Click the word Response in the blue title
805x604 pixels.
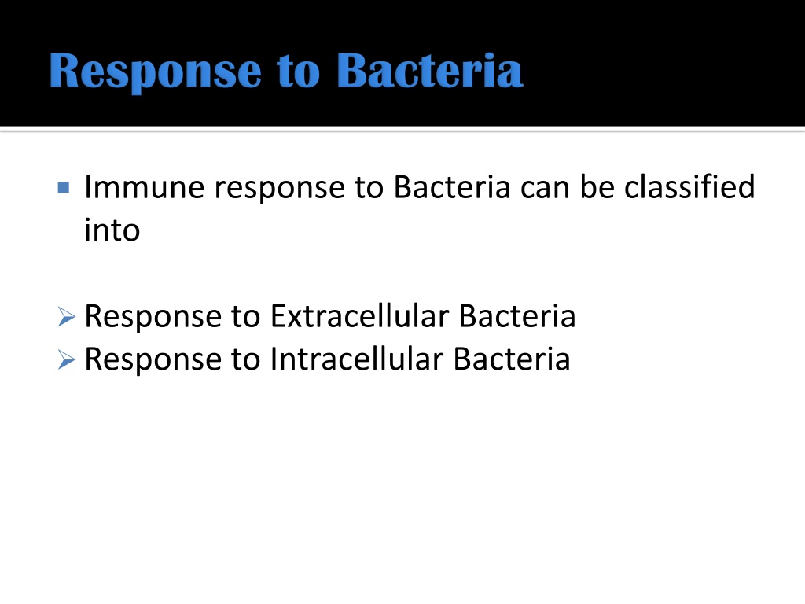click(x=156, y=72)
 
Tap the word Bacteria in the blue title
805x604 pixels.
click(x=430, y=70)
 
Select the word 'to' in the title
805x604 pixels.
click(x=298, y=73)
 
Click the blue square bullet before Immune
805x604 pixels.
click(x=64, y=187)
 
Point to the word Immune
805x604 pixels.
click(x=145, y=186)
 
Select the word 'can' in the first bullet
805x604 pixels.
click(x=546, y=189)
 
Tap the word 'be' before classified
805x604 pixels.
click(x=597, y=186)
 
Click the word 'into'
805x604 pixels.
click(x=112, y=230)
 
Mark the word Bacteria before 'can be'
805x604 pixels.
click(x=452, y=186)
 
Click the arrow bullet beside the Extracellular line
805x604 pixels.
click(x=66, y=316)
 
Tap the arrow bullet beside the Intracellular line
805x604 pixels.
click(x=66, y=359)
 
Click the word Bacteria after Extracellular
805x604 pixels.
click(x=517, y=315)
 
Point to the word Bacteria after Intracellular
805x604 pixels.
click(x=512, y=359)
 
